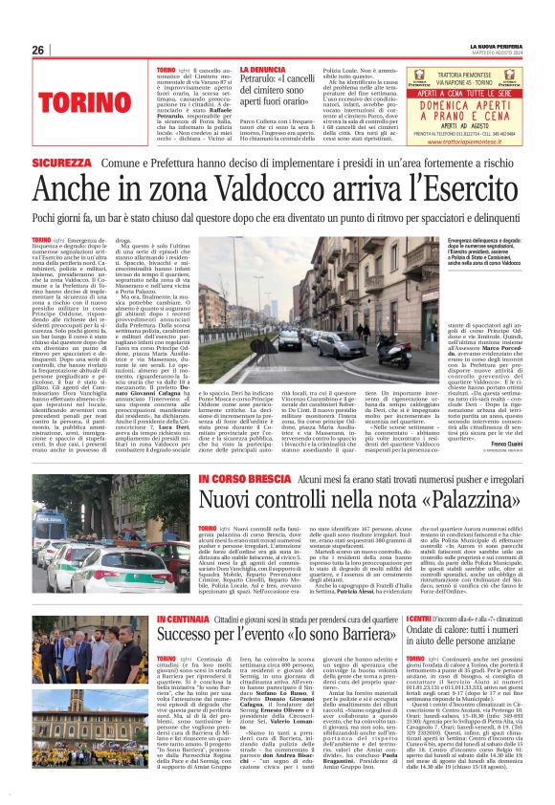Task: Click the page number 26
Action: pos(38,50)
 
